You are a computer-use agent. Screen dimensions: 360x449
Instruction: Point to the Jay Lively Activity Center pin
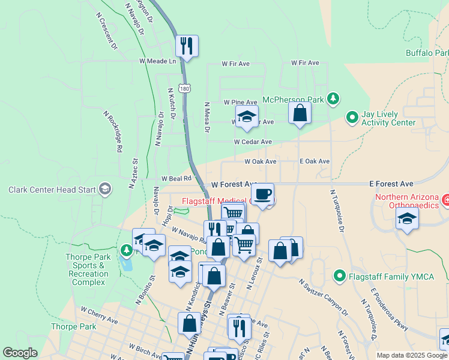click(352, 118)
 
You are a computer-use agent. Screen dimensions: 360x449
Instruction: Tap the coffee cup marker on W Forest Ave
click(262, 194)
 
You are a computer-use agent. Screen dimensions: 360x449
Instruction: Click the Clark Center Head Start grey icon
click(105, 190)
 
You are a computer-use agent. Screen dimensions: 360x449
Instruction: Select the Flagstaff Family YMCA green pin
click(340, 277)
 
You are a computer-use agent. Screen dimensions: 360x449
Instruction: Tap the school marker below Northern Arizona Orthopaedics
click(407, 219)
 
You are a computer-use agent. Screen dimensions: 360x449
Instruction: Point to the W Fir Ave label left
click(235, 63)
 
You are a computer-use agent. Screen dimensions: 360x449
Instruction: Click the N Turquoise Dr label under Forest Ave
click(336, 211)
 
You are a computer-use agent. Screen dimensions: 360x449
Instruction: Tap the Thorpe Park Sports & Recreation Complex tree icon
click(126, 249)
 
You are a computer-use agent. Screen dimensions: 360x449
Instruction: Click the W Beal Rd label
click(176, 178)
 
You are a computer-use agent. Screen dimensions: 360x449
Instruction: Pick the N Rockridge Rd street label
click(113, 131)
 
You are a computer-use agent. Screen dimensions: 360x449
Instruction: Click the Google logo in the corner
click(20, 353)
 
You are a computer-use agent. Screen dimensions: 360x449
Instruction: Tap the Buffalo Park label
click(427, 53)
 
